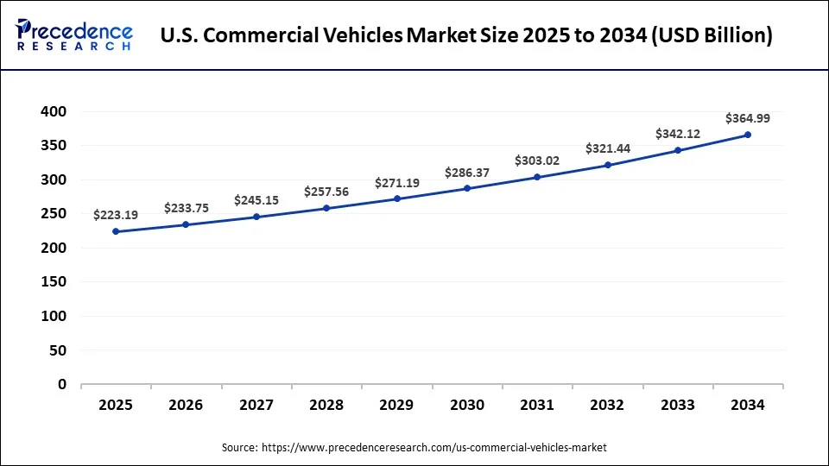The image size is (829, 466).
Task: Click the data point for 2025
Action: tap(116, 231)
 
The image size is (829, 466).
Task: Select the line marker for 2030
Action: tap(467, 188)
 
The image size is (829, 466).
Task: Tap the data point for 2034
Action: tap(748, 135)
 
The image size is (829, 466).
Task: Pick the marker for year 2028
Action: tap(326, 208)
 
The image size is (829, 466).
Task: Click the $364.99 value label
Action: tap(748, 117)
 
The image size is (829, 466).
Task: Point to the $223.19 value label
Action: tap(116, 214)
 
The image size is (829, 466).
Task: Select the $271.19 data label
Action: tap(396, 183)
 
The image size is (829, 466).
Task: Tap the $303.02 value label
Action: tap(537, 161)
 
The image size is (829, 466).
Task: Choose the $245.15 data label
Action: tap(256, 200)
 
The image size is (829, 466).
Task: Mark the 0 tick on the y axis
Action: tap(61, 385)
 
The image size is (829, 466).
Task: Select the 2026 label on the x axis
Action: tap(186, 405)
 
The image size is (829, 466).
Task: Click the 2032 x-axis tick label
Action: tap(607, 405)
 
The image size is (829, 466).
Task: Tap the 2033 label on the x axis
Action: tap(678, 405)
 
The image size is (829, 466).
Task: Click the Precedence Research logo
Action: tap(74, 35)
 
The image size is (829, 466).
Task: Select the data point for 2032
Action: tap(607, 165)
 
